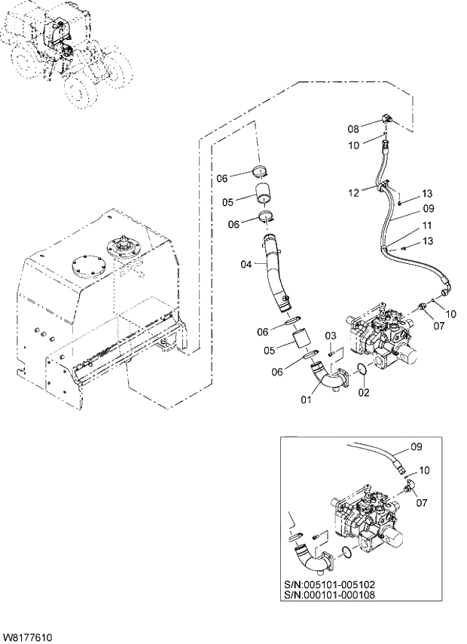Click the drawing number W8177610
(28, 638)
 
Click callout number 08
(353, 129)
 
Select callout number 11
(427, 225)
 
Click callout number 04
(246, 264)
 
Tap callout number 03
(330, 335)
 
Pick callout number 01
(306, 400)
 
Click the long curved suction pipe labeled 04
(276, 275)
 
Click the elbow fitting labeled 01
(328, 376)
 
